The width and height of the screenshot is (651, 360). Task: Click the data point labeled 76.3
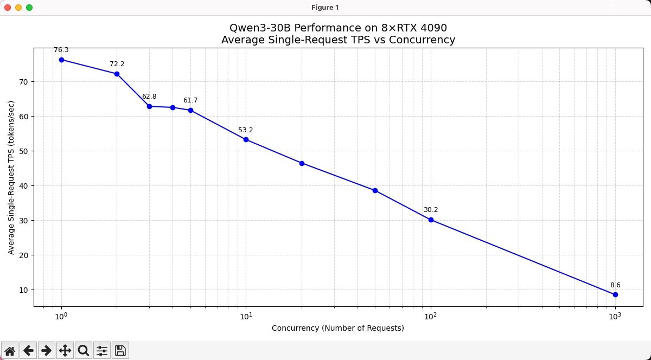click(x=61, y=60)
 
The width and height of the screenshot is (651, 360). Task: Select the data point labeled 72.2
click(x=117, y=74)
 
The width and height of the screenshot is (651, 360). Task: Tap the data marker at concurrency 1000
click(x=615, y=294)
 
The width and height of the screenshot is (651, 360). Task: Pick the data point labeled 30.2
click(x=431, y=220)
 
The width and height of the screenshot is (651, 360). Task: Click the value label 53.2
click(x=246, y=130)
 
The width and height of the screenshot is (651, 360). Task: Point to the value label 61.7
click(x=190, y=100)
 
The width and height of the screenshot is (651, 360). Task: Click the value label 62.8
click(x=149, y=97)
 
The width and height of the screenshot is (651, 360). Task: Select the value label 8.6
click(x=615, y=285)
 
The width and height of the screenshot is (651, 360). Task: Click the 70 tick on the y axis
click(x=26, y=82)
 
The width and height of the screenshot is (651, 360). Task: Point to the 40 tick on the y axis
click(x=26, y=186)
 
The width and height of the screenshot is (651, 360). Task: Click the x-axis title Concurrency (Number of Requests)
click(x=338, y=328)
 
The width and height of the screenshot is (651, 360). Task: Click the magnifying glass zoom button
click(x=84, y=351)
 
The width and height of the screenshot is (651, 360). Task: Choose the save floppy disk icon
click(x=120, y=351)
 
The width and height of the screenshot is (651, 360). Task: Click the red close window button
click(x=8, y=8)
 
